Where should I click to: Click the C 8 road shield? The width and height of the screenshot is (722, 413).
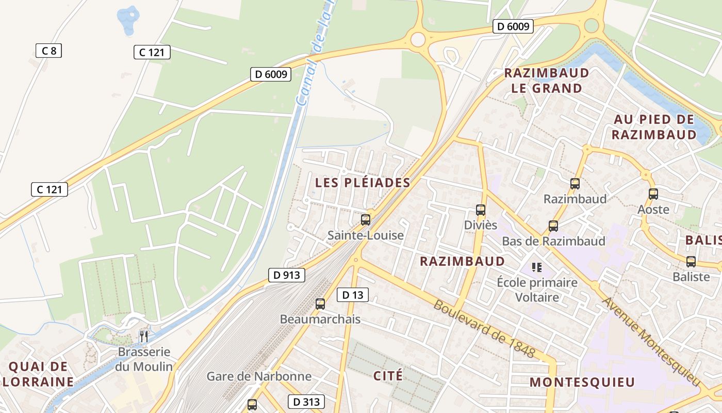48,51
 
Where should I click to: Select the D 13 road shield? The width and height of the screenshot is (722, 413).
353,295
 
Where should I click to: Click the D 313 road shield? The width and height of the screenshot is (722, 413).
306,402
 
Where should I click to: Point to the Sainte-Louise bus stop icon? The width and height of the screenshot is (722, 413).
366,220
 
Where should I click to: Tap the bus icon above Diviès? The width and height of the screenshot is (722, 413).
481,210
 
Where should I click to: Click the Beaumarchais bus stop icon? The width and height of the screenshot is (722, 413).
320,304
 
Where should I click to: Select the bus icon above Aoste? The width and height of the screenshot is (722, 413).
653,194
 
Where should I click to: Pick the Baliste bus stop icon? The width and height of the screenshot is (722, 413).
691,262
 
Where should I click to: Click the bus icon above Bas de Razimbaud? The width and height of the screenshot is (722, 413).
553,226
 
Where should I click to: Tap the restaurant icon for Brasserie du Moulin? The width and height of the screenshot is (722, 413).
144,337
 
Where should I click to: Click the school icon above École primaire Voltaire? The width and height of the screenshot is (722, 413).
537,267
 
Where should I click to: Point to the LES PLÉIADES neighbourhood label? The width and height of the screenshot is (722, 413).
363,183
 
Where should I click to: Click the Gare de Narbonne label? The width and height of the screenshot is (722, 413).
259,376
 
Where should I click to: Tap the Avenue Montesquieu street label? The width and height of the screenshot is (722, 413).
652,341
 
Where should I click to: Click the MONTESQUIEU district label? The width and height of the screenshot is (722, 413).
582,383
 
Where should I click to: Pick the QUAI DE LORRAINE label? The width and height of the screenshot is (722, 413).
38,375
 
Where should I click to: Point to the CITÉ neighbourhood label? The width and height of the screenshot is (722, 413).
388,376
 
